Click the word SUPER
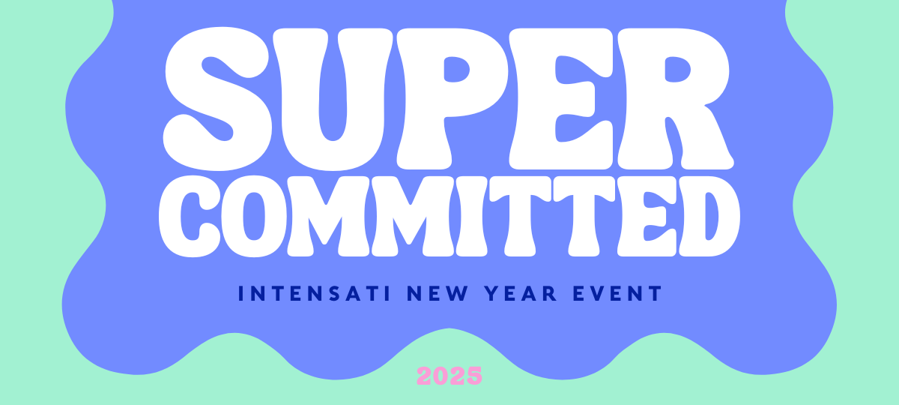(x=449, y=99)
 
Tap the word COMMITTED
(x=449, y=216)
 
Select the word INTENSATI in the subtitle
(x=315, y=293)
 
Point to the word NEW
(x=438, y=293)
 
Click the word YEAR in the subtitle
(x=521, y=293)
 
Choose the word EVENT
(x=617, y=293)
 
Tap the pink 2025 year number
(x=449, y=375)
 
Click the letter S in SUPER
(x=217, y=99)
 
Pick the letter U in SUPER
(x=333, y=100)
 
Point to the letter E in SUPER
(x=561, y=99)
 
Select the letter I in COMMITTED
(x=471, y=216)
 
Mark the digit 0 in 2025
(x=441, y=375)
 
